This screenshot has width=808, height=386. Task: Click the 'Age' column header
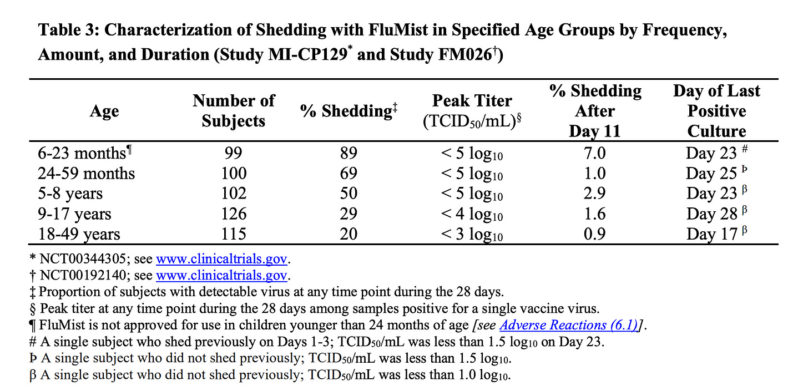tap(104, 111)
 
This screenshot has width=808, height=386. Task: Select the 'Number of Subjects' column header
tap(234, 111)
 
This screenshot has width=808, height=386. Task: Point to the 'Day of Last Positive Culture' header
tap(716, 111)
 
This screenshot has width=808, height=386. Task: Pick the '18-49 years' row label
tap(79, 234)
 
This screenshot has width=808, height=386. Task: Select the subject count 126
tap(234, 214)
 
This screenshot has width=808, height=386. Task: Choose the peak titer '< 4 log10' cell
tap(472, 214)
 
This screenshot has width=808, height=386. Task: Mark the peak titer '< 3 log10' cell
tap(472, 234)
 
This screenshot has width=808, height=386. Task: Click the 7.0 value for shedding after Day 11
tap(595, 153)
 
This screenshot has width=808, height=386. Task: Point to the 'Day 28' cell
tap(711, 214)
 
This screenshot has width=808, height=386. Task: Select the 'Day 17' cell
tap(711, 234)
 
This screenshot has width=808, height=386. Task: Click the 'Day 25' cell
tap(711, 174)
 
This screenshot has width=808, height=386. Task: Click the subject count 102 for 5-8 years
tap(234, 194)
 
